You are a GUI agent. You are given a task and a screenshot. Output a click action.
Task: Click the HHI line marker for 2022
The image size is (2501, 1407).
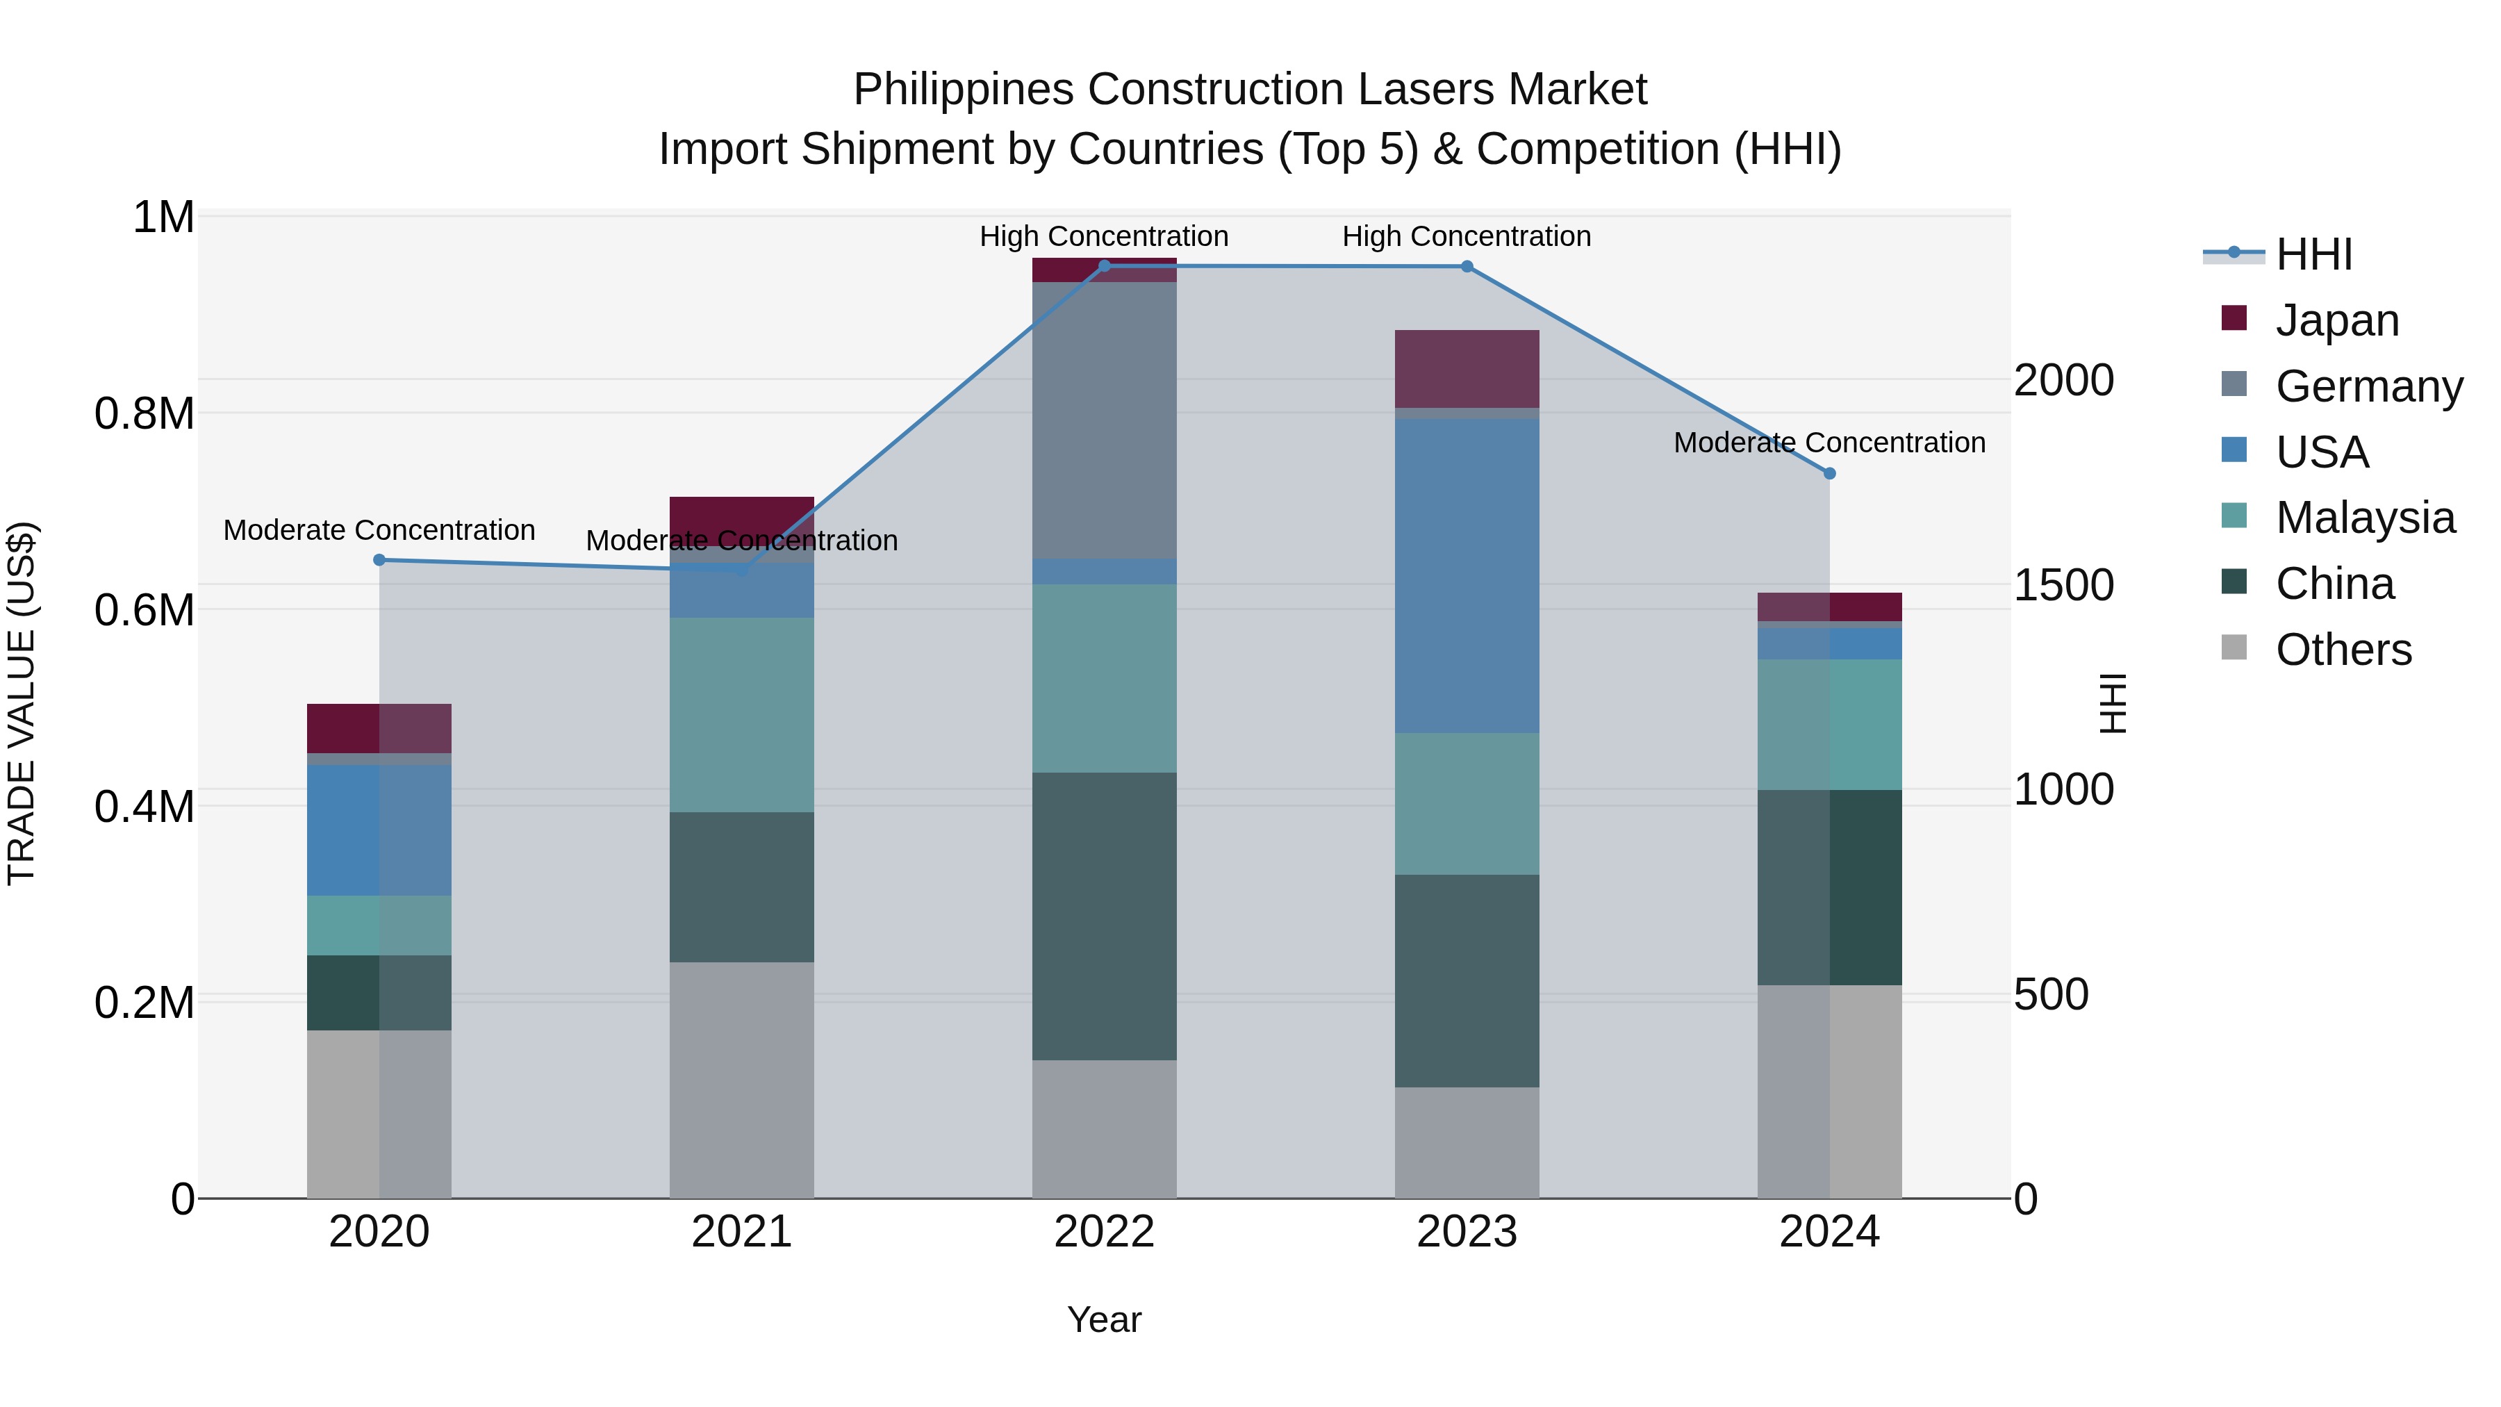point(1104,266)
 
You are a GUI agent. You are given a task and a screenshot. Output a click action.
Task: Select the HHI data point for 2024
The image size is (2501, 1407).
point(1829,474)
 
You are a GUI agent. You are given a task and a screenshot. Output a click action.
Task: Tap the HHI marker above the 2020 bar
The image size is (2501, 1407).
point(379,560)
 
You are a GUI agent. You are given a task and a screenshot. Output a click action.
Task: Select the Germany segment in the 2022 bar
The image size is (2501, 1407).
point(1104,420)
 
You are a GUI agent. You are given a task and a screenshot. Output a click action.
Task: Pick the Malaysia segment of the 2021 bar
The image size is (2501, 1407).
point(742,715)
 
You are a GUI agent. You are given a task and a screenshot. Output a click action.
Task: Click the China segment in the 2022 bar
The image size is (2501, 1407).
point(1104,916)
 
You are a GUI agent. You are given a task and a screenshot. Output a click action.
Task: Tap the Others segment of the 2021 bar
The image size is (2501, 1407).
point(742,1080)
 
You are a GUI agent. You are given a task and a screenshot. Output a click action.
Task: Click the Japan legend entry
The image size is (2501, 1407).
point(2336,320)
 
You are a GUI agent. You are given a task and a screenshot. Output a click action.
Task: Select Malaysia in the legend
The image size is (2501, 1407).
point(2365,518)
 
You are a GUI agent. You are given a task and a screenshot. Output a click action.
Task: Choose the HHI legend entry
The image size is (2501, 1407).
point(2313,254)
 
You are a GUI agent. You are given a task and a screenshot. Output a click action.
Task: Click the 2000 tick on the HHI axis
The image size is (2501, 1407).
point(2063,381)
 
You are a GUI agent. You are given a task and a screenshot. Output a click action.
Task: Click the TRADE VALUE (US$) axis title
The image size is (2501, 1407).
point(22,703)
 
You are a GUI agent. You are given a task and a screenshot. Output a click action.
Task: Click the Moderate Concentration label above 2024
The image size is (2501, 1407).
point(1829,443)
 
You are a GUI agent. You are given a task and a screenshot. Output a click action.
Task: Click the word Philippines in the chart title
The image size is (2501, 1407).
point(964,90)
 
